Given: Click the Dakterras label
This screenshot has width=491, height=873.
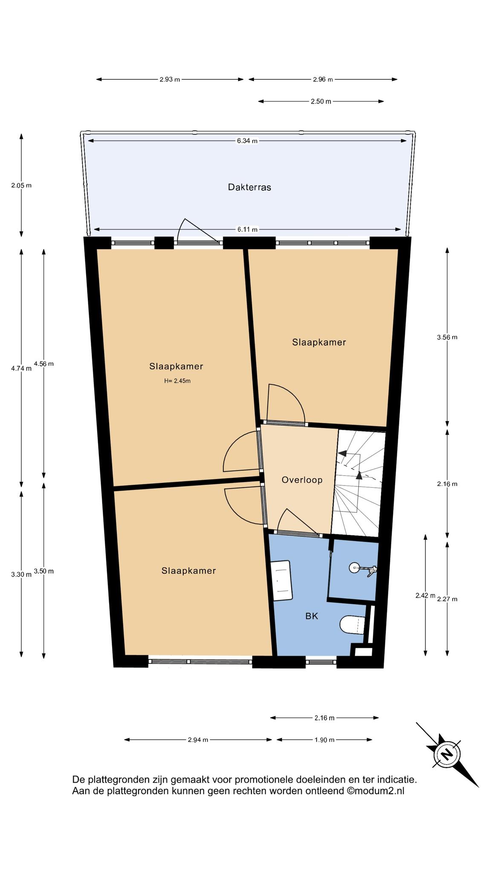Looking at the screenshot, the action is click(x=249, y=187).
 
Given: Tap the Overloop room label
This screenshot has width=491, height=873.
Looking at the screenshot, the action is click(x=302, y=480).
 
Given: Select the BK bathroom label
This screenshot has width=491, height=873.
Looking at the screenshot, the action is click(x=312, y=616).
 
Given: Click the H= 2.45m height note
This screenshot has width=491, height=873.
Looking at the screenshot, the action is click(x=177, y=381).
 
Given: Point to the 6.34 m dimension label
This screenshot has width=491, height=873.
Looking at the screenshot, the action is click(x=247, y=141).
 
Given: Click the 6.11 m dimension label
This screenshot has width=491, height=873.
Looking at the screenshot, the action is click(x=247, y=229).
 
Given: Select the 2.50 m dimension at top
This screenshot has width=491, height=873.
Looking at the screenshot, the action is click(x=321, y=101).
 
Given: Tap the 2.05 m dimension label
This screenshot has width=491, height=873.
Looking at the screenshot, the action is click(x=21, y=185).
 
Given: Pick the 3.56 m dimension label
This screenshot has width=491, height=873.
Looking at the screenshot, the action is click(x=447, y=337).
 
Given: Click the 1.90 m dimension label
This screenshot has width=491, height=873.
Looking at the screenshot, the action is click(x=324, y=740).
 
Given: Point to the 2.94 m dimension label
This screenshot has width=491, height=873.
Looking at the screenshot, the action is click(x=198, y=740).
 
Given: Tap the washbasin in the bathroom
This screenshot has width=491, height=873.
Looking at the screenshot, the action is click(x=282, y=581).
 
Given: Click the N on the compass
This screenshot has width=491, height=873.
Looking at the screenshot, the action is click(x=447, y=755).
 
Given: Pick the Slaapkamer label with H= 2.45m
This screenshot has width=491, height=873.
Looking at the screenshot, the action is click(x=176, y=366).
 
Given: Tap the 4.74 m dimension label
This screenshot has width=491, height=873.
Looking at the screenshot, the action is click(x=21, y=369).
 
